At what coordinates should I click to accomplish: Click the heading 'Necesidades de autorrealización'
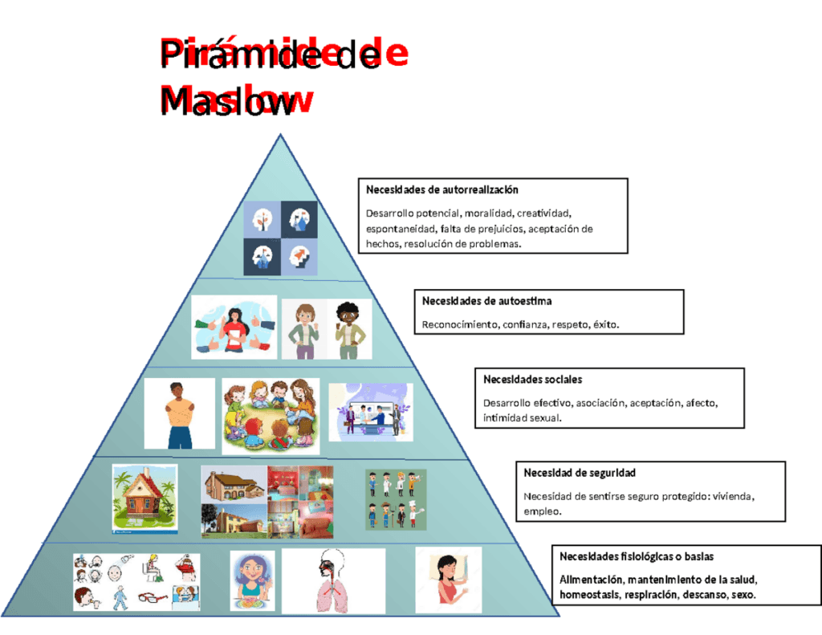[x=442, y=189]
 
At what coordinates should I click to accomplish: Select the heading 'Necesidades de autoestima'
[x=486, y=301]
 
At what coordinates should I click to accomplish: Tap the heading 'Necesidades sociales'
[x=533, y=379]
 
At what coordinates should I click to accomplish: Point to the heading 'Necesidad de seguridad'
[x=580, y=473]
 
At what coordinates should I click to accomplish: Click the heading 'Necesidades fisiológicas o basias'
[x=637, y=556]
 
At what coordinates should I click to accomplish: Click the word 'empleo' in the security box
[x=542, y=511]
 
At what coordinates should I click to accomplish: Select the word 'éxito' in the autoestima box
[x=605, y=324]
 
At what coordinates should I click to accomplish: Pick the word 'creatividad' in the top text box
[x=543, y=214]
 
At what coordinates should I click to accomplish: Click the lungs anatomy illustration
[x=333, y=581]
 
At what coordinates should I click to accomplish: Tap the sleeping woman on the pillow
[x=448, y=580]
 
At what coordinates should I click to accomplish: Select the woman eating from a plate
[x=252, y=581]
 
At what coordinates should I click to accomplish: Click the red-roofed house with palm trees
[x=144, y=499]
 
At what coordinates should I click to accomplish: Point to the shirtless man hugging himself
[x=180, y=414]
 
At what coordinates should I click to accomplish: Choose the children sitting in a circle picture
[x=271, y=417]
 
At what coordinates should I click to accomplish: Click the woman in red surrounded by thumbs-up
[x=234, y=328]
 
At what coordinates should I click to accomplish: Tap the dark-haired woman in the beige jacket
[x=349, y=329]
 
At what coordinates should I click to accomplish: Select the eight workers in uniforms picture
[x=396, y=499]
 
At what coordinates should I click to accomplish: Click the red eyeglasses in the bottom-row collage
[x=153, y=597]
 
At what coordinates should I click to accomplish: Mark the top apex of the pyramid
[x=280, y=134]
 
